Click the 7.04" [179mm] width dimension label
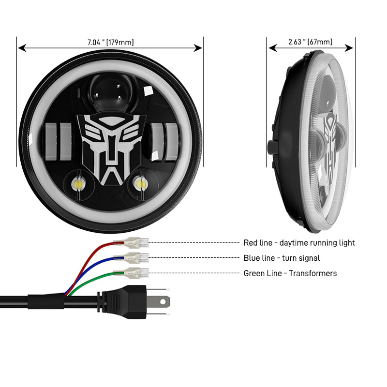(x=111, y=42)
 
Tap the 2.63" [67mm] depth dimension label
(x=311, y=42)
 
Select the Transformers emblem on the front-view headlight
(x=110, y=147)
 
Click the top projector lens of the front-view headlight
(x=110, y=91)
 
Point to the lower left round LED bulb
(x=79, y=184)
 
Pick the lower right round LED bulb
(x=140, y=184)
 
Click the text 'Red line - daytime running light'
(x=299, y=243)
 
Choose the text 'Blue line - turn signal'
(x=282, y=258)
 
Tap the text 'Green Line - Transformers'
(x=290, y=274)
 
